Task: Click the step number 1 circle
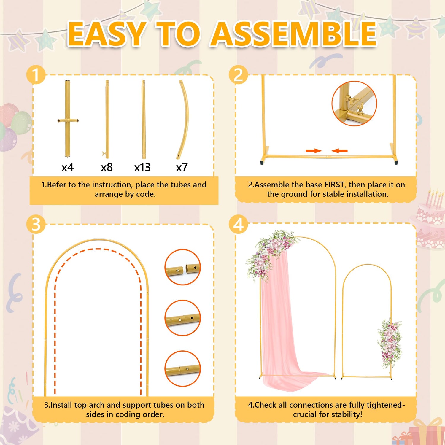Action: click(x=36, y=75)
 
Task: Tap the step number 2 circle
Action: click(x=238, y=75)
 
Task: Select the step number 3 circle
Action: click(x=36, y=225)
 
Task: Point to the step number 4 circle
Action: click(x=238, y=225)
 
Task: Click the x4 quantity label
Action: click(x=68, y=167)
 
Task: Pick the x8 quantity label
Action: click(x=107, y=167)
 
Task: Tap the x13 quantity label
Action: click(x=142, y=167)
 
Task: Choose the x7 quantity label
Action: click(x=182, y=167)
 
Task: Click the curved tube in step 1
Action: click(x=186, y=119)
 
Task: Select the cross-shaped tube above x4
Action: click(x=68, y=119)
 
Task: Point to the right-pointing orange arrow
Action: click(x=314, y=151)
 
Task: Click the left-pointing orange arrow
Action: click(x=339, y=151)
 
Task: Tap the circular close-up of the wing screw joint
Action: click(x=354, y=104)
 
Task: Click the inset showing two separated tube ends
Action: click(x=183, y=267)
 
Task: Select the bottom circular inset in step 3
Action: click(x=183, y=368)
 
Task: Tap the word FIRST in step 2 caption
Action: click(x=335, y=185)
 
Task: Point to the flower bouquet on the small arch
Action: click(x=390, y=343)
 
